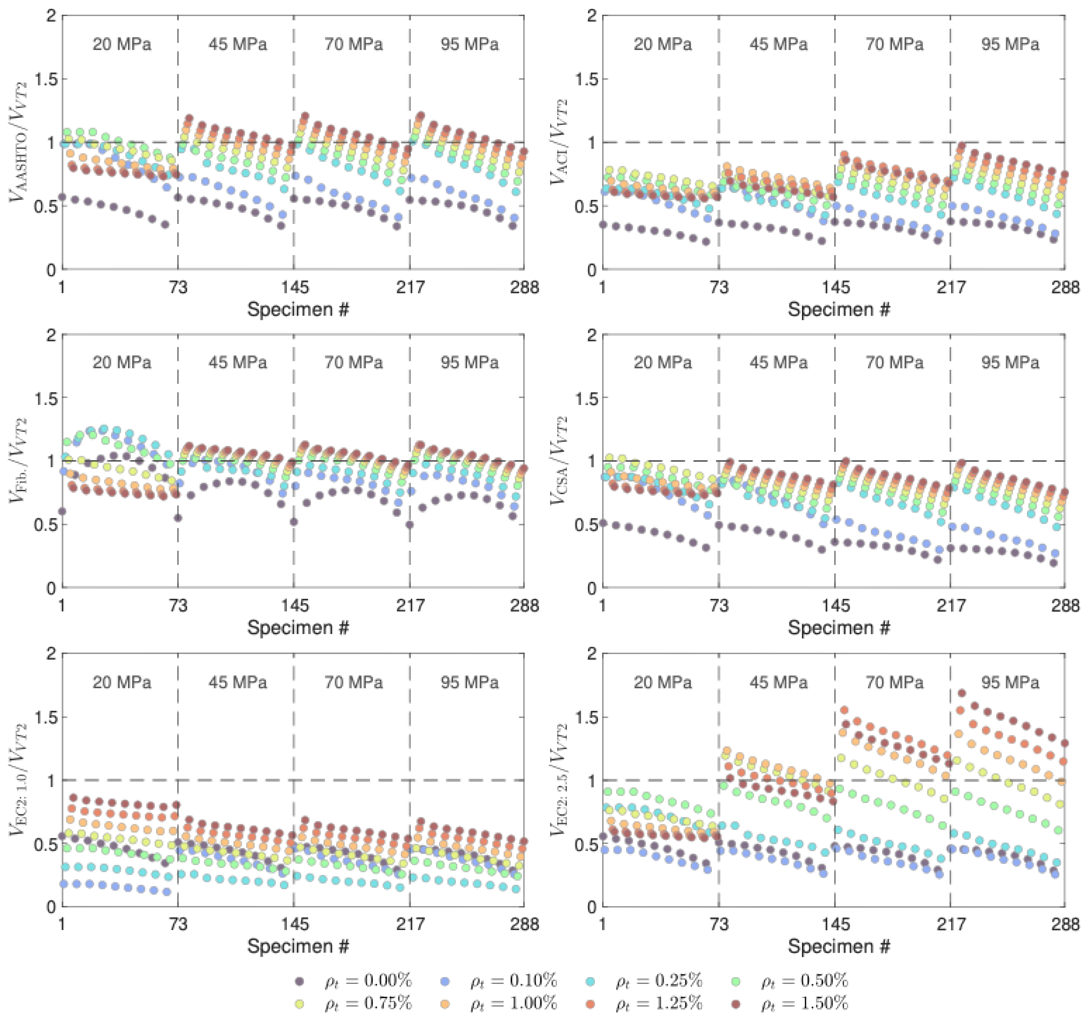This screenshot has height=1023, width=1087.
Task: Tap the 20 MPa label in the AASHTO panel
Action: (121, 44)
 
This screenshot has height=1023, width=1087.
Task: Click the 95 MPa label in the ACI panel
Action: (1010, 44)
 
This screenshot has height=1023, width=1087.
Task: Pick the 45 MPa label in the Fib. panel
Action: (237, 362)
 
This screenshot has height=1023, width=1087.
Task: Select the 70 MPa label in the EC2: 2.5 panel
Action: (894, 682)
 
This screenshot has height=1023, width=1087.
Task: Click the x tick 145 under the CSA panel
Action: (836, 606)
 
